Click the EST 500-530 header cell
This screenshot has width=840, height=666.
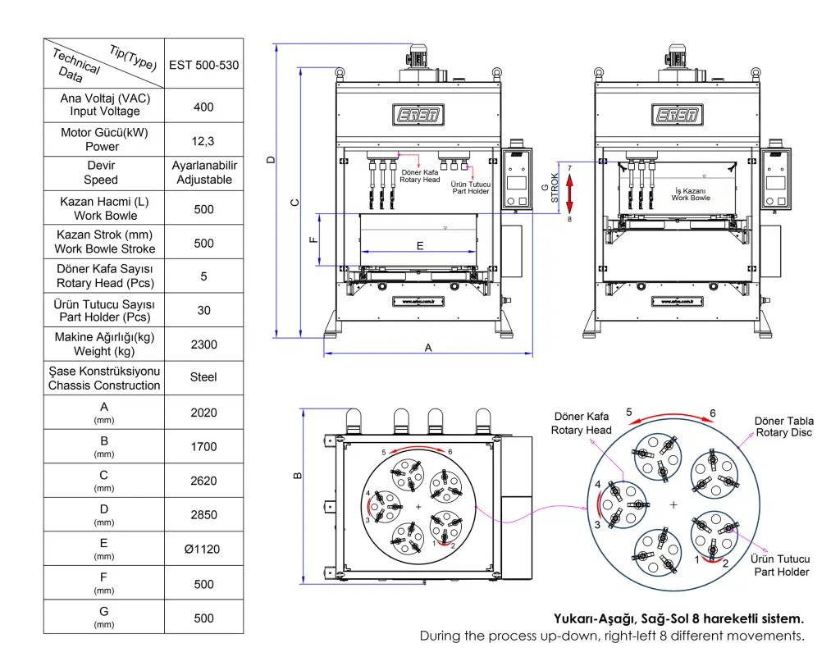click(203, 64)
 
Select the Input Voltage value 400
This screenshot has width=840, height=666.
click(203, 107)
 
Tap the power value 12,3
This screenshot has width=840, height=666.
click(203, 141)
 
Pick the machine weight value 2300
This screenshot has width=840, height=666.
click(203, 344)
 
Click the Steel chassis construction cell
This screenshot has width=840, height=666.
click(203, 377)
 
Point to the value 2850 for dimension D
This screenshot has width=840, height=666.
click(203, 515)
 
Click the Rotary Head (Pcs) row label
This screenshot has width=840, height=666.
click(105, 276)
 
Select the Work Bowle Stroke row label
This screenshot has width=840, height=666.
click(105, 242)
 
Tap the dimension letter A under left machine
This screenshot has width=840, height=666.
click(427, 348)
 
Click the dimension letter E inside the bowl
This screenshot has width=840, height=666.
click(420, 245)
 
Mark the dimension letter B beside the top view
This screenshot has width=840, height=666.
click(298, 474)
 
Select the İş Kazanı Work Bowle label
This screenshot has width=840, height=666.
click(691, 194)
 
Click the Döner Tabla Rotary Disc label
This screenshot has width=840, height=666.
click(783, 427)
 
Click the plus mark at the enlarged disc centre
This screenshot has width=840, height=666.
click(673, 504)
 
